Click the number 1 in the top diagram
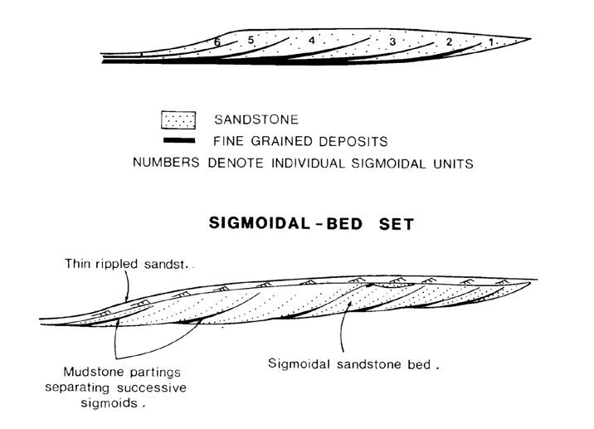click(x=489, y=41)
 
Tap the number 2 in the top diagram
click(x=449, y=42)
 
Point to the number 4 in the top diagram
click(x=311, y=40)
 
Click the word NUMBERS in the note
click(x=164, y=163)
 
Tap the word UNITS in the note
click(x=450, y=163)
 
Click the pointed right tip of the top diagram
click(x=529, y=39)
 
